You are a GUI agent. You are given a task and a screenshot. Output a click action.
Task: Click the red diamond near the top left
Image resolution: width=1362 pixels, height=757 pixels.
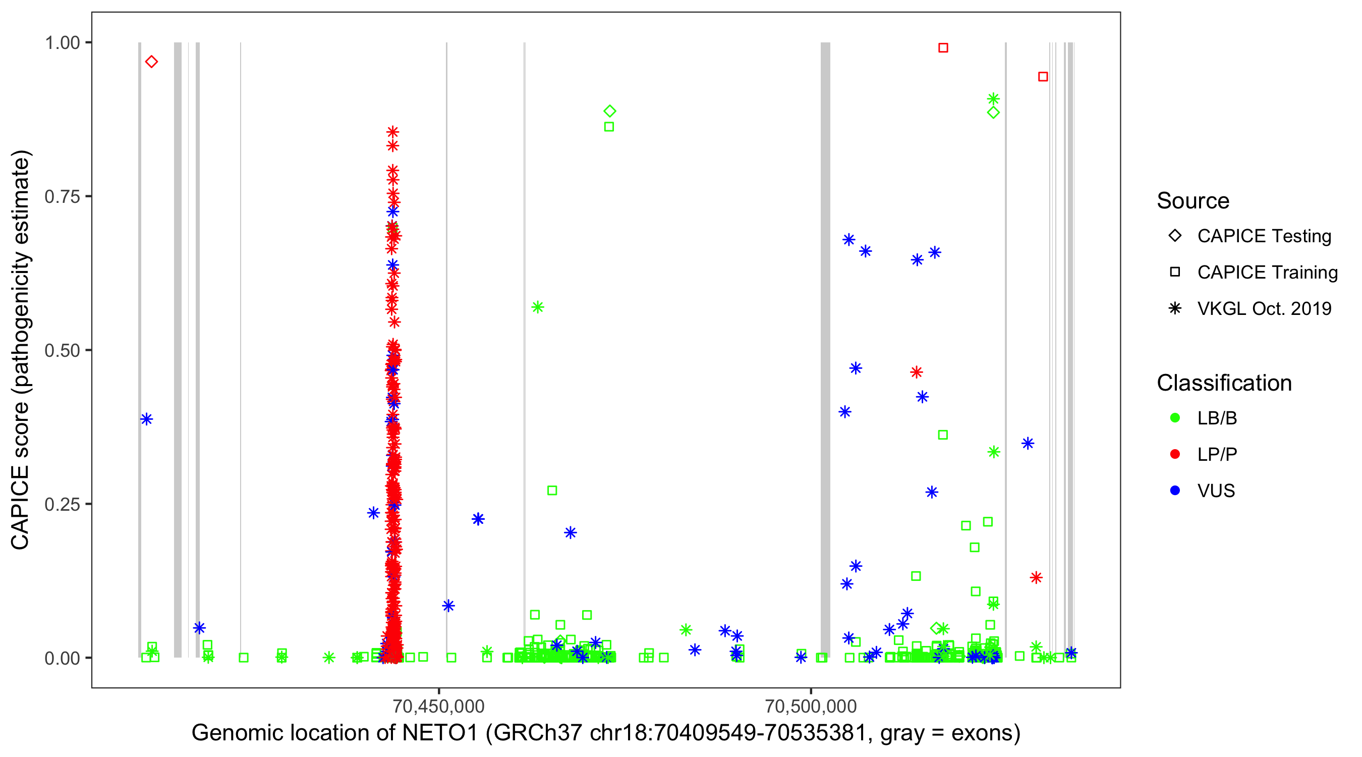click(151, 62)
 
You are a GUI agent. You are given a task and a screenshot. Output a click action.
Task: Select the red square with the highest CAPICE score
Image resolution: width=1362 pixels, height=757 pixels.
click(943, 47)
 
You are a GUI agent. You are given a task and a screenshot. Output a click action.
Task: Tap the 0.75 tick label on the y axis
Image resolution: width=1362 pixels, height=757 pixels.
click(62, 196)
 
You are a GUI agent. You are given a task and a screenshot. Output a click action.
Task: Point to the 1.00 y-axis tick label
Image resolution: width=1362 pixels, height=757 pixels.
click(62, 42)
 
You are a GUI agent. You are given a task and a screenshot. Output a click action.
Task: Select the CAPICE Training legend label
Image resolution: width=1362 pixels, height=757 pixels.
click(1267, 273)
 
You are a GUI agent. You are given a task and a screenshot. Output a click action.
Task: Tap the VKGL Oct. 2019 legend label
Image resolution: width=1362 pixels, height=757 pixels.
click(1264, 308)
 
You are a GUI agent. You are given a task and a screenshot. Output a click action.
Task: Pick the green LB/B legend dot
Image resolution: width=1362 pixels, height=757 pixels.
click(1175, 418)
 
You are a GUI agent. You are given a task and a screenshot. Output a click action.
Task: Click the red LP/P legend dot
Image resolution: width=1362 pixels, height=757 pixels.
click(1175, 454)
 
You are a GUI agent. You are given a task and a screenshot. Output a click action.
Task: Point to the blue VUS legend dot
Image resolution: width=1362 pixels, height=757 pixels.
click(1175, 491)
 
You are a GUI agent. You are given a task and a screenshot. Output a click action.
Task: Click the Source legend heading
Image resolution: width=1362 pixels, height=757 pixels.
click(1193, 201)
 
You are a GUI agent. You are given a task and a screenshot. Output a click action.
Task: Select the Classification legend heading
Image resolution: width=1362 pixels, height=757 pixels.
click(1224, 383)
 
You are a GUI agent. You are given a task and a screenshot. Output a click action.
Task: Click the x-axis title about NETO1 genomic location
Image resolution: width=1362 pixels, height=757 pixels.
click(605, 733)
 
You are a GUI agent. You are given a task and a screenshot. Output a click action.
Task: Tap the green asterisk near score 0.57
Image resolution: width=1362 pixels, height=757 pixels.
click(538, 307)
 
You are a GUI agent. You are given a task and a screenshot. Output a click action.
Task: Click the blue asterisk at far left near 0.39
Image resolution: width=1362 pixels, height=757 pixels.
click(146, 419)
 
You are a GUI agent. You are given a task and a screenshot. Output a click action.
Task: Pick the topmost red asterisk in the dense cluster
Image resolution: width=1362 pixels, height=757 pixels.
click(392, 132)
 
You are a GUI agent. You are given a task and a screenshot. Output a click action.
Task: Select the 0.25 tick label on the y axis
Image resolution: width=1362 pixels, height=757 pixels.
click(62, 504)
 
